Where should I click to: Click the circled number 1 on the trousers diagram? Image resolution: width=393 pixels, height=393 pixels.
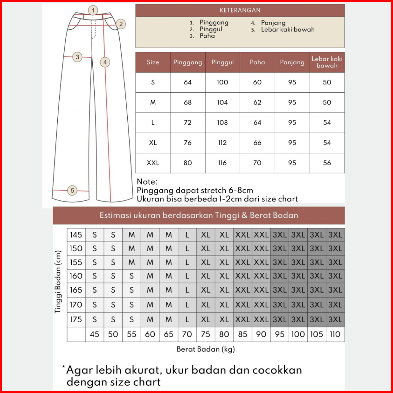[x=93, y=10]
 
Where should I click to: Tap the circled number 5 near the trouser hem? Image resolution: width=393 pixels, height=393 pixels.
[x=73, y=190]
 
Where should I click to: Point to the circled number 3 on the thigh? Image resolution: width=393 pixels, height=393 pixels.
[x=77, y=57]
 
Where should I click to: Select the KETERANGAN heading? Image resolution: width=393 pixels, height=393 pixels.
[x=240, y=10]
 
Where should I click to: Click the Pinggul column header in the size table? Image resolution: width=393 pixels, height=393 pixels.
[x=222, y=62]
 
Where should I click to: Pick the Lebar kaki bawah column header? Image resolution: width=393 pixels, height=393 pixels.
[x=327, y=62]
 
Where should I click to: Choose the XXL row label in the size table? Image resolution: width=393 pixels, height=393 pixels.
[x=153, y=163]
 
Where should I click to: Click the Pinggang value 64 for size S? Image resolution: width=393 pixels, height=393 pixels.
[x=188, y=82]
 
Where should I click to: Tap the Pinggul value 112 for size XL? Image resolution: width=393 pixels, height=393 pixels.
[x=222, y=143]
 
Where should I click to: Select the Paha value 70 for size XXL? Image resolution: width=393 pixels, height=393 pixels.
[x=257, y=163]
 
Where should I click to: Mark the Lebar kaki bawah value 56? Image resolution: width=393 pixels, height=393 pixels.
[x=327, y=163]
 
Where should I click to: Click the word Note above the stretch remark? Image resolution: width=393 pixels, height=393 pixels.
[x=147, y=182]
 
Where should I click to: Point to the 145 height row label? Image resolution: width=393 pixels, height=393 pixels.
[x=76, y=235]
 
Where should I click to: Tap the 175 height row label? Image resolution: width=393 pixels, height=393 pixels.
[x=76, y=320]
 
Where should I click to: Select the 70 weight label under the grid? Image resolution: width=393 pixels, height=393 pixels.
[x=187, y=334]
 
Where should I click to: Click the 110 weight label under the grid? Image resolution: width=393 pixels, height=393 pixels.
[x=335, y=334]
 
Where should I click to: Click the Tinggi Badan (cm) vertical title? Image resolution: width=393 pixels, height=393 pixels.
[x=58, y=282]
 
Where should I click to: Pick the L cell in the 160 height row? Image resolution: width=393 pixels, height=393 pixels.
[x=187, y=276]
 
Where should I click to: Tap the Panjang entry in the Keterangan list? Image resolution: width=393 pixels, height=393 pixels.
[x=273, y=23]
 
